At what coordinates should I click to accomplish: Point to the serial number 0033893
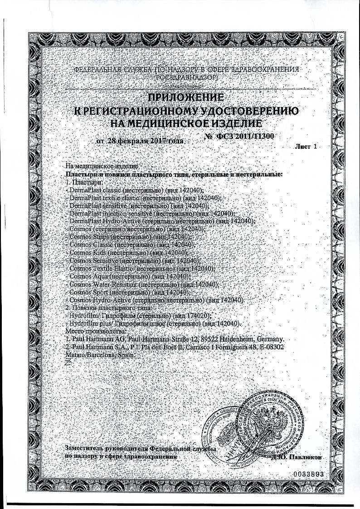pyautogui.click(x=310, y=474)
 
